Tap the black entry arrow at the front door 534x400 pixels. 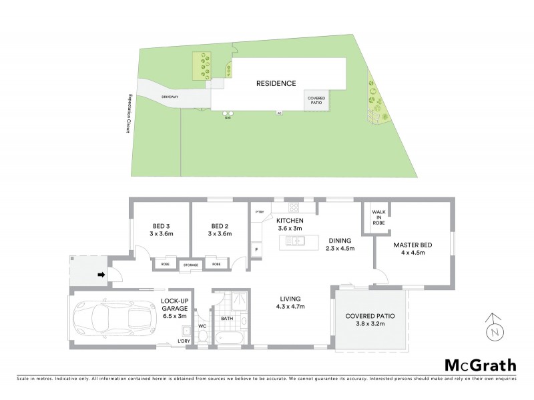coord(101,274)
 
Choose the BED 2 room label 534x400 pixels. coord(219,229)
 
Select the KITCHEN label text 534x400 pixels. coord(291,221)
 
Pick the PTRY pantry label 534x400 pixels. coord(260,212)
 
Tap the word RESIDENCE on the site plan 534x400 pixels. coord(276,83)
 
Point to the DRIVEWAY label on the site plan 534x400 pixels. coord(170,98)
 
